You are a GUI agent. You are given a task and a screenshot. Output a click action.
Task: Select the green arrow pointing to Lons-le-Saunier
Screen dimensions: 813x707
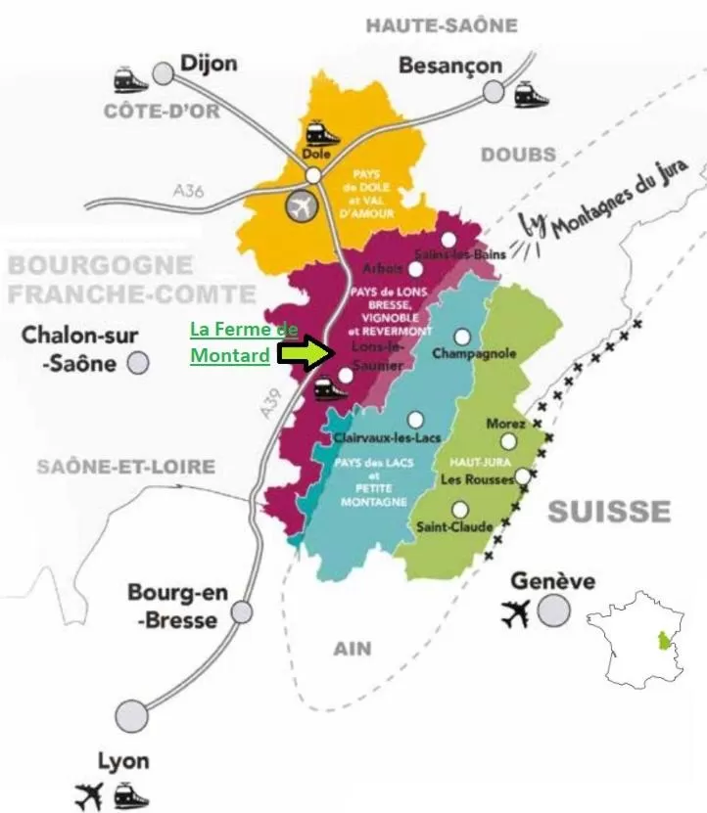tap(306, 353)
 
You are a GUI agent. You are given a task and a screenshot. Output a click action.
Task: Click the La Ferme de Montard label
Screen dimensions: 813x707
tap(242, 342)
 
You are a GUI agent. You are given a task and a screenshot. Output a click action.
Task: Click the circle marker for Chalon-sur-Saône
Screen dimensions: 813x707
tap(139, 363)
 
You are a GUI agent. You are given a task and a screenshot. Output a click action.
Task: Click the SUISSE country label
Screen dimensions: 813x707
tap(609, 511)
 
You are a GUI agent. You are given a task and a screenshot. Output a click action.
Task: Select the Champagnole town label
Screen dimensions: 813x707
tap(474, 354)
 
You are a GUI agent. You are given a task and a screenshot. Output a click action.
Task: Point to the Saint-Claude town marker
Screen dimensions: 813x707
tap(460, 510)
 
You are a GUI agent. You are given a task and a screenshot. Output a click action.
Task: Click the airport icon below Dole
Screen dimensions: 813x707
tap(302, 207)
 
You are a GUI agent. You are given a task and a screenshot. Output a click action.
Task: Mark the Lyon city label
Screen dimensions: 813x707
tap(123, 761)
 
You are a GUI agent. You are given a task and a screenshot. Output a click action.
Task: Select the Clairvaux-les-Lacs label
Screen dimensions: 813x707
tap(378, 439)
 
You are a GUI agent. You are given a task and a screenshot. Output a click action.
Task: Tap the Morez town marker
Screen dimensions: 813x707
tap(507, 441)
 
